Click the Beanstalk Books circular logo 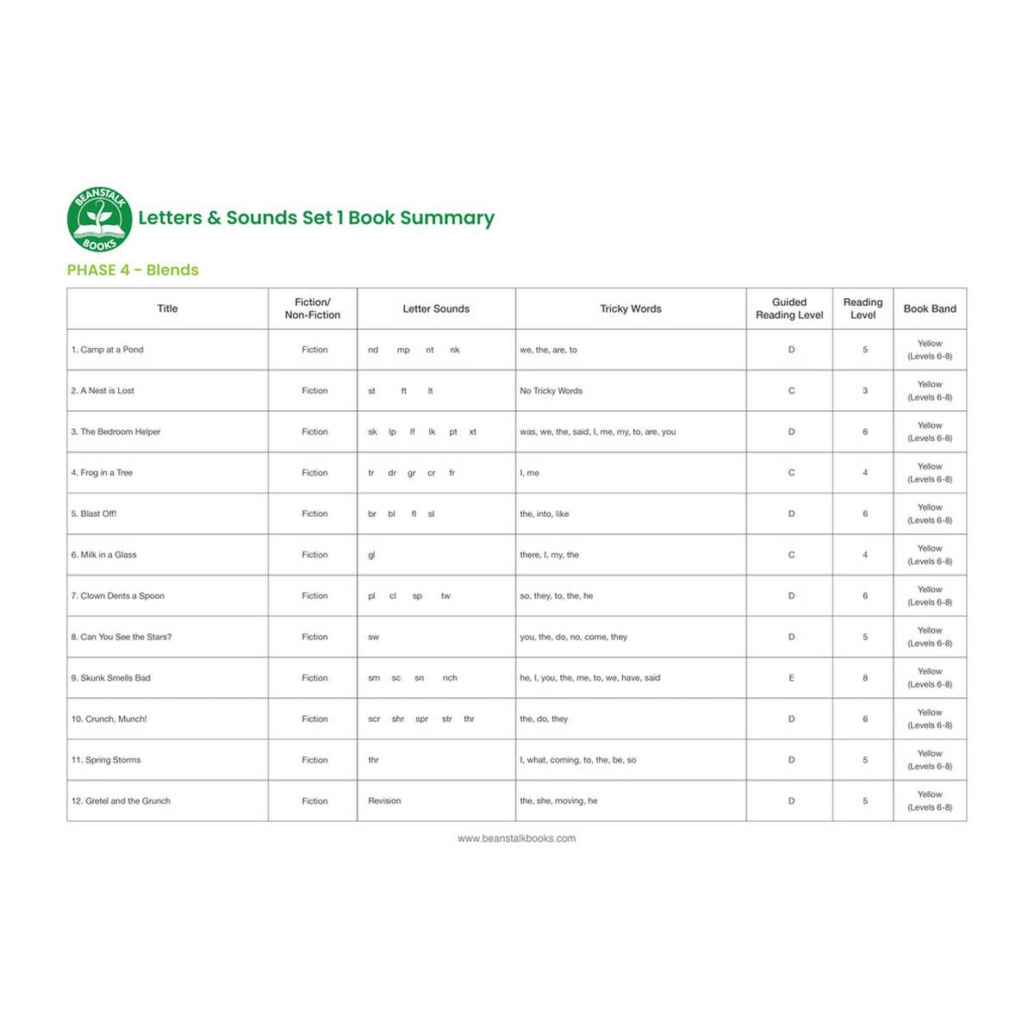(x=100, y=219)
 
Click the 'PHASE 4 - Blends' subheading (x=133, y=270)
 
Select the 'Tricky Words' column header (x=631, y=308)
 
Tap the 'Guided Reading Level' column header (x=789, y=308)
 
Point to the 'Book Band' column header (x=930, y=308)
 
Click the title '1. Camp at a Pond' (x=108, y=350)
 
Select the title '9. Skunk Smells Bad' (x=111, y=678)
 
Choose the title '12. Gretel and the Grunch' (x=121, y=801)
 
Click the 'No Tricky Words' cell (x=551, y=391)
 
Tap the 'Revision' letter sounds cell (x=384, y=801)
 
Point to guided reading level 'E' (x=791, y=678)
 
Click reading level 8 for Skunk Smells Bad (x=865, y=678)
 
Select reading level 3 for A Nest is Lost (x=865, y=391)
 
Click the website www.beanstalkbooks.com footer (x=517, y=838)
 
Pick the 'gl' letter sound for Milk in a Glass (x=371, y=555)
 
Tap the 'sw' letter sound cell (x=373, y=637)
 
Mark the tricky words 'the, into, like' (x=545, y=514)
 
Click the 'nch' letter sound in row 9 (x=450, y=678)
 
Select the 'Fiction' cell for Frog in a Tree (x=315, y=473)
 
